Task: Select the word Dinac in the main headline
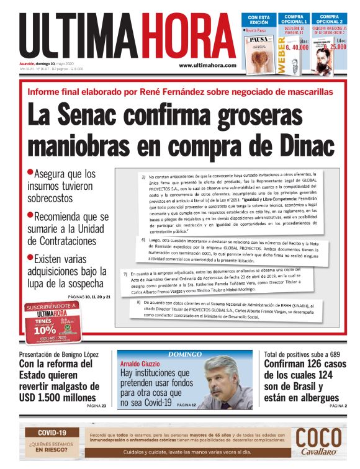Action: [x=295, y=147]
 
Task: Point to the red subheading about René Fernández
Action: [x=180, y=92]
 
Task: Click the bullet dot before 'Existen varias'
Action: [x=30, y=256]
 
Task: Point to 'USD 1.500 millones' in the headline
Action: [x=58, y=398]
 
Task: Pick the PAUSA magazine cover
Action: [x=260, y=52]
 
